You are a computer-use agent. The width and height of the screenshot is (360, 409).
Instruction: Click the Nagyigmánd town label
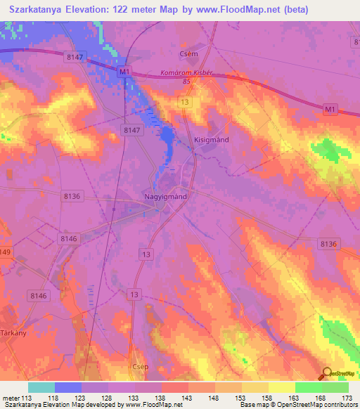pyautogui.click(x=165, y=197)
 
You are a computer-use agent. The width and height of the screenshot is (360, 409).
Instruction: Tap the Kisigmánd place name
pyautogui.click(x=212, y=140)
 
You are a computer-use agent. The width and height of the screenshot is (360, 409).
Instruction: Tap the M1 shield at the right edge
pyautogui.click(x=330, y=109)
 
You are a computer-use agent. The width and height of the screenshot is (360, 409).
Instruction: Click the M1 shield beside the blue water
pyautogui.click(x=124, y=72)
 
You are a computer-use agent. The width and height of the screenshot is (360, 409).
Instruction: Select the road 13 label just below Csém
pyautogui.click(x=184, y=103)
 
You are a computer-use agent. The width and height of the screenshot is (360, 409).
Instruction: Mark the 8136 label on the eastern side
pyautogui.click(x=328, y=243)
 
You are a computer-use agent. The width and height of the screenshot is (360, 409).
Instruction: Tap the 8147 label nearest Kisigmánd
pyautogui.click(x=131, y=130)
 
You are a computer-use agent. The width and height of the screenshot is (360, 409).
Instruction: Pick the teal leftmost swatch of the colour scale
pyautogui.click(x=41, y=387)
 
